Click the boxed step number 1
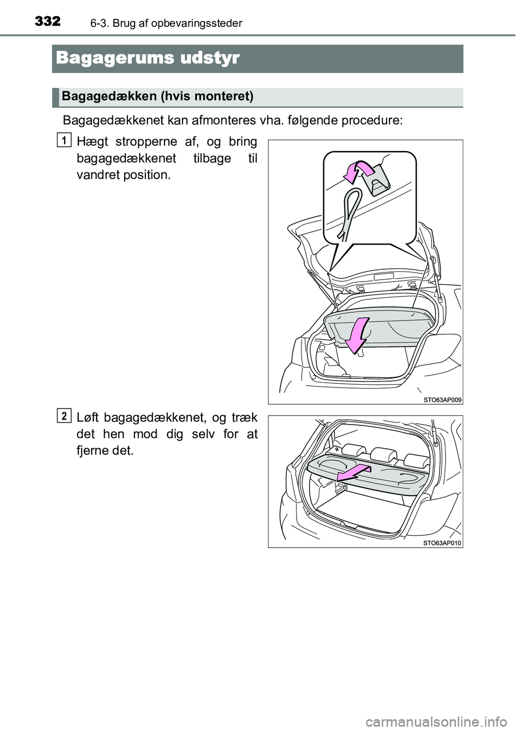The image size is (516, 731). click(64, 140)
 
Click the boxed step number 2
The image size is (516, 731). click(64, 415)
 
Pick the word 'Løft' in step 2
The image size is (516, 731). click(88, 417)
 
